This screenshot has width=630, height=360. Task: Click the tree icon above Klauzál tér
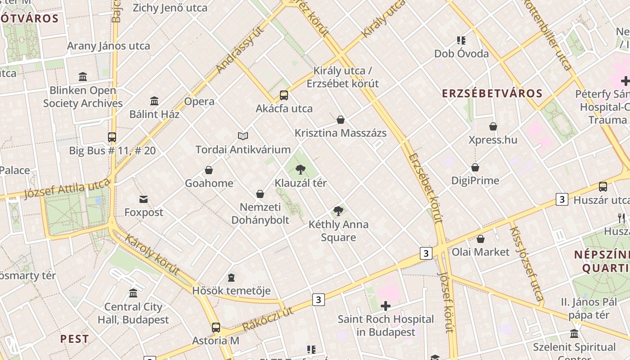click(300, 170)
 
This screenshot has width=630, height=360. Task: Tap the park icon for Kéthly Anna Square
click(338, 211)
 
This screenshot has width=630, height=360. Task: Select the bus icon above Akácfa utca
click(283, 95)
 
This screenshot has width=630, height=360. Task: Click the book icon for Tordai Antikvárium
click(243, 136)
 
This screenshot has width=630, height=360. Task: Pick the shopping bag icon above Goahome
click(209, 170)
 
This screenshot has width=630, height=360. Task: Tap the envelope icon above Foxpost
click(144, 199)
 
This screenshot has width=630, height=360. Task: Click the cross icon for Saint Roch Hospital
click(386, 306)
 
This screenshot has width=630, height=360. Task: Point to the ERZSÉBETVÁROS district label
click(492, 94)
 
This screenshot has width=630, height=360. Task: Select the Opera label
click(199, 101)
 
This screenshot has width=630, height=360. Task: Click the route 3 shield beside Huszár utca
click(562, 199)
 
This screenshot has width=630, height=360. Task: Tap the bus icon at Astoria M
click(216, 327)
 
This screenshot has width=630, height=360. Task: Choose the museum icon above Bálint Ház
click(154, 101)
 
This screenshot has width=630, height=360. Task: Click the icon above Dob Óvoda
click(461, 40)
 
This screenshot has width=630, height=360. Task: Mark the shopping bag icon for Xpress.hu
click(493, 126)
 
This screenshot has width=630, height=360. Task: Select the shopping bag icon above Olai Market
click(481, 239)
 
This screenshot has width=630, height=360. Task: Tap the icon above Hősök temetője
click(231, 277)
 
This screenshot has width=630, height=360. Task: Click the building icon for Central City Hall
click(133, 293)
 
